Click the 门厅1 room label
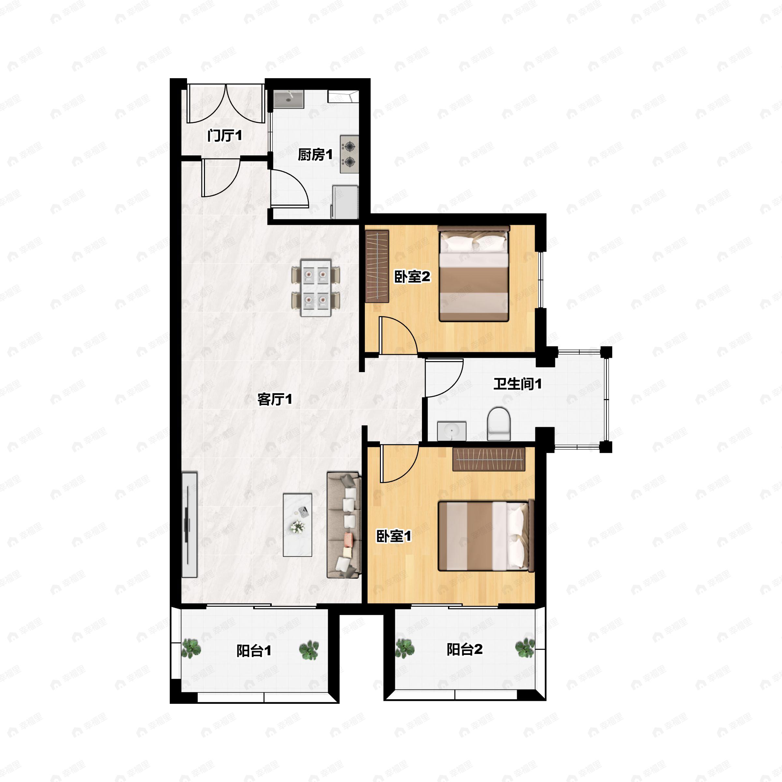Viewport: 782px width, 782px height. click(x=224, y=136)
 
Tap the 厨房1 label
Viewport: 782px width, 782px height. click(x=315, y=155)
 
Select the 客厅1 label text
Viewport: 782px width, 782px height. click(x=275, y=399)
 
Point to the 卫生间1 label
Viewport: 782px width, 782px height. click(x=517, y=384)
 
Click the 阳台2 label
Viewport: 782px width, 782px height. click(x=465, y=650)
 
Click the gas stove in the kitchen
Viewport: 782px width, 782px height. click(x=349, y=154)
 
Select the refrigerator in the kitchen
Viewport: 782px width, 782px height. click(x=345, y=202)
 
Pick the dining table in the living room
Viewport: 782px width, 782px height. click(x=316, y=288)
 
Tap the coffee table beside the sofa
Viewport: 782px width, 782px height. click(x=297, y=525)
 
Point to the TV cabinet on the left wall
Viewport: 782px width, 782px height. click(x=189, y=525)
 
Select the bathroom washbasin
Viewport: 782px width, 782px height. click(x=452, y=431)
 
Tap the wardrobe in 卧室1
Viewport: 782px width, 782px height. click(x=489, y=459)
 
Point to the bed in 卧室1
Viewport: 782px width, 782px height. click(x=486, y=536)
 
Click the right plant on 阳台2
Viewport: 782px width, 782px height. click(x=525, y=648)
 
